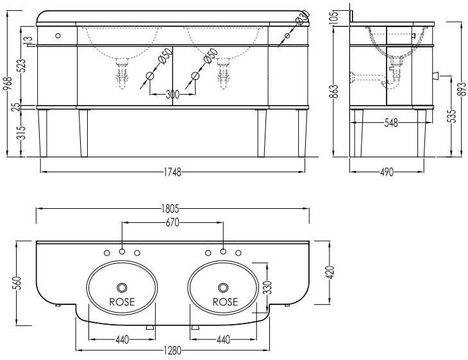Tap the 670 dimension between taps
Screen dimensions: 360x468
[x=172, y=222]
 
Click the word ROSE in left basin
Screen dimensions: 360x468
[x=122, y=302]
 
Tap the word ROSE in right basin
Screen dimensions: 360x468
[x=225, y=302]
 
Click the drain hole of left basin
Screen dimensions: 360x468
[x=122, y=287]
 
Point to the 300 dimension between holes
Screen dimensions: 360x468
[x=172, y=95]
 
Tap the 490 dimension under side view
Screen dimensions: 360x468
[x=387, y=172]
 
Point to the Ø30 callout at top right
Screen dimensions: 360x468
[x=303, y=20]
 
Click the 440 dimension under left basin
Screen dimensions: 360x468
[x=122, y=340]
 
